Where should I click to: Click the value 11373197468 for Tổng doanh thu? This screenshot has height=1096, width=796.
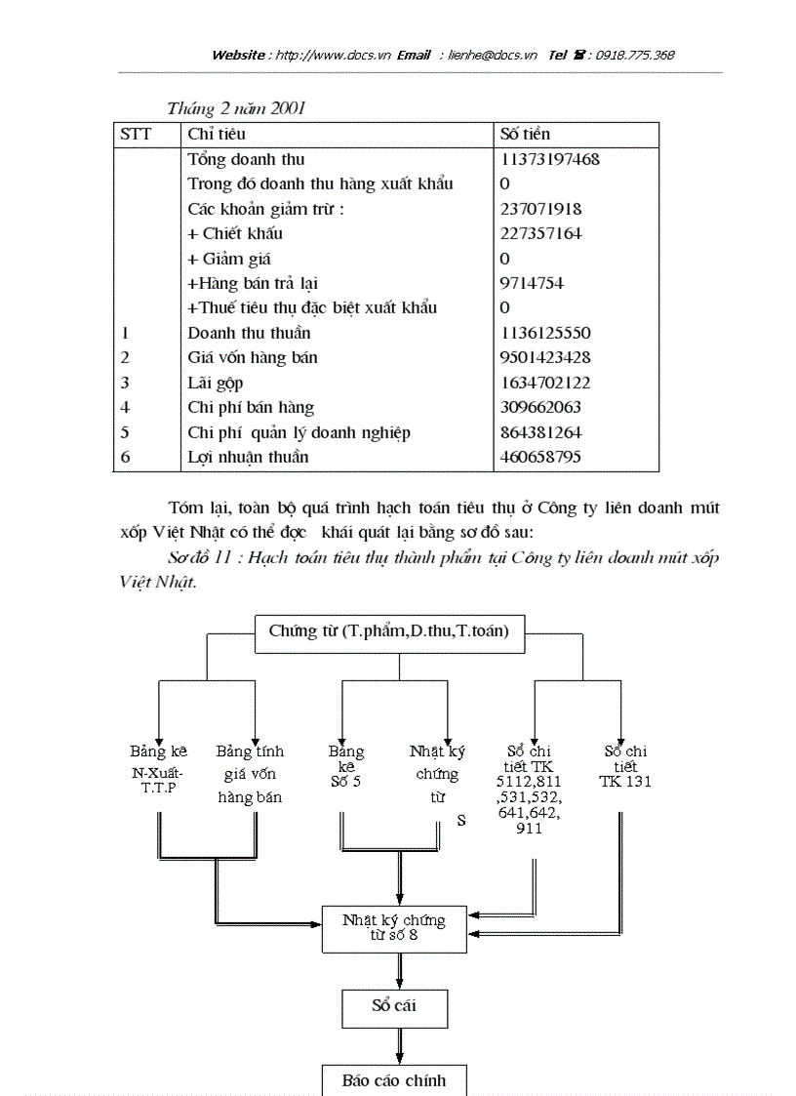point(549,159)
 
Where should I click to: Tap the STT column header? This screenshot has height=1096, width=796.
point(136,134)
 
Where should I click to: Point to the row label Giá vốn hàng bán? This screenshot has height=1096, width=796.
point(252,357)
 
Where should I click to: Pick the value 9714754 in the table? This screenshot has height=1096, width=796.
point(532,283)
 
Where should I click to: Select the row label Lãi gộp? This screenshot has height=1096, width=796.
point(216,383)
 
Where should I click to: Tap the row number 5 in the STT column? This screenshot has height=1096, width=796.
point(125,432)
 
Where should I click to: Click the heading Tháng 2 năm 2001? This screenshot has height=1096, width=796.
point(236,108)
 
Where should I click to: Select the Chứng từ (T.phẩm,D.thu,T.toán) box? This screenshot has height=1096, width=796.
point(388,631)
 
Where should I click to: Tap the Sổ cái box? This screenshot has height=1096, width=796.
point(394,1005)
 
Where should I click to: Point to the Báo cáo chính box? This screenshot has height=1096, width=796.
point(394,1080)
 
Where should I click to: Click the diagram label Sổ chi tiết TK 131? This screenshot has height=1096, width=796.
point(625,766)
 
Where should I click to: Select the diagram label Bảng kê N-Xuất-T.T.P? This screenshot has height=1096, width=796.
point(158,768)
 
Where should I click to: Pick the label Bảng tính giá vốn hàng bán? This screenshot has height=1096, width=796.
point(250,774)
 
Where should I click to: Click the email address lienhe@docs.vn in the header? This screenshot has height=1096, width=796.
point(493,56)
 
